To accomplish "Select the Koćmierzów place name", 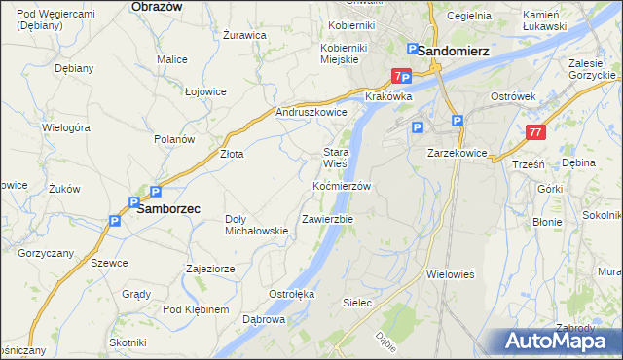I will pos(342,185).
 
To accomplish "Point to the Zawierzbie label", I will pos(327,219).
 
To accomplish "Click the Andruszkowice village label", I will pos(311,112).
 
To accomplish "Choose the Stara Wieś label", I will pos(336,158).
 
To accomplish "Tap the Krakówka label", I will pos(389,97).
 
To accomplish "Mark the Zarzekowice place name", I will pos(457,154).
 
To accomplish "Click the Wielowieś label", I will pos(450,274).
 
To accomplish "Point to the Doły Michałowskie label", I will pos(256,225).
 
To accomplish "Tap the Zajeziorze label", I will pos(210,268).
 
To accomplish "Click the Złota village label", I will pos(231,154).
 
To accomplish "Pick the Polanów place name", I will pos(174,139).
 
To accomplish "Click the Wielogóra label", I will pos(66,127).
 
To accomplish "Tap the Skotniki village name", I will pos(128,342).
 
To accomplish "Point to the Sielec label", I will pos(357,303).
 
